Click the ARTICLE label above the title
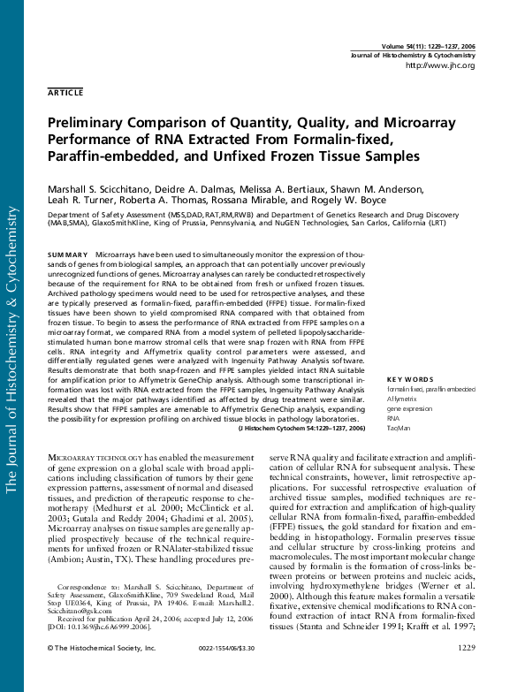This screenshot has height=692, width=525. [x=65, y=91]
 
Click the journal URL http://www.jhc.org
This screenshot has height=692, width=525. [x=439, y=65]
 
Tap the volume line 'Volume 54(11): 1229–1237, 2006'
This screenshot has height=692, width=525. [x=428, y=45]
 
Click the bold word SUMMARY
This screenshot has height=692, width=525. [x=68, y=254]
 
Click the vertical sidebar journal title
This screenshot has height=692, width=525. [x=12, y=354]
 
